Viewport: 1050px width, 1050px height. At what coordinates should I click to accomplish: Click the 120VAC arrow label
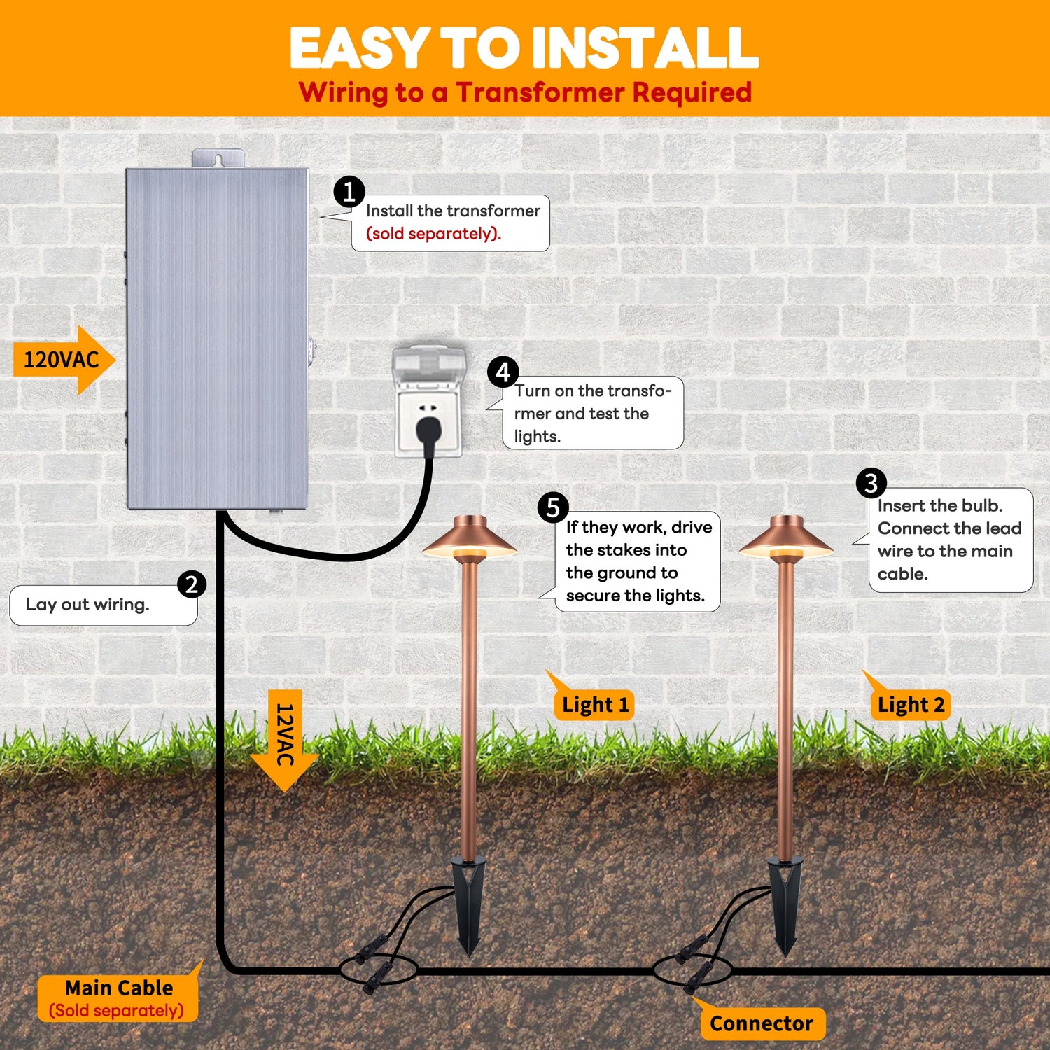point(62,360)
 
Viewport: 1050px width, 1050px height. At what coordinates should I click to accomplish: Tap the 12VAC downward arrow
point(285,738)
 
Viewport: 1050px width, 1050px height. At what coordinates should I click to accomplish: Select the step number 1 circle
point(349,191)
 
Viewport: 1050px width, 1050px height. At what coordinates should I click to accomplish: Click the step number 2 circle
point(191,584)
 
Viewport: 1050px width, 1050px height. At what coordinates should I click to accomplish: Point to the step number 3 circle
point(871,483)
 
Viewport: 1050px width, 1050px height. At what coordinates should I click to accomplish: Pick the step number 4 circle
point(503,372)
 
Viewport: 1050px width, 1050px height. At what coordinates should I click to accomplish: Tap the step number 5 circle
point(553,507)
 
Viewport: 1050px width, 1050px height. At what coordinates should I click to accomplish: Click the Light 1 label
point(596,705)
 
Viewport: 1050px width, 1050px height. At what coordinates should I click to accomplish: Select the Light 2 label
point(911,705)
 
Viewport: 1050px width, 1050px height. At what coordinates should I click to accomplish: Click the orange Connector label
point(762,1023)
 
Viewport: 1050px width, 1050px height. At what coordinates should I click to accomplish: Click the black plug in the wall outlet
point(426,429)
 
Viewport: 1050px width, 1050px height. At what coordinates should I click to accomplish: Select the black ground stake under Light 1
point(468,903)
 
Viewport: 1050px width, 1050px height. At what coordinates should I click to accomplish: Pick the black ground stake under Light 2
point(785,903)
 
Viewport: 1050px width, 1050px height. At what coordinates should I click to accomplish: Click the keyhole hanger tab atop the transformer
point(218,159)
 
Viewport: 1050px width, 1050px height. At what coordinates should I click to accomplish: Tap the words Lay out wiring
point(87,605)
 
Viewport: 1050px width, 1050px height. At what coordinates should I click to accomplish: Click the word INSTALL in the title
point(645,48)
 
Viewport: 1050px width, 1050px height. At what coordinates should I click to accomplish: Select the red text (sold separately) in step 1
point(434,234)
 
